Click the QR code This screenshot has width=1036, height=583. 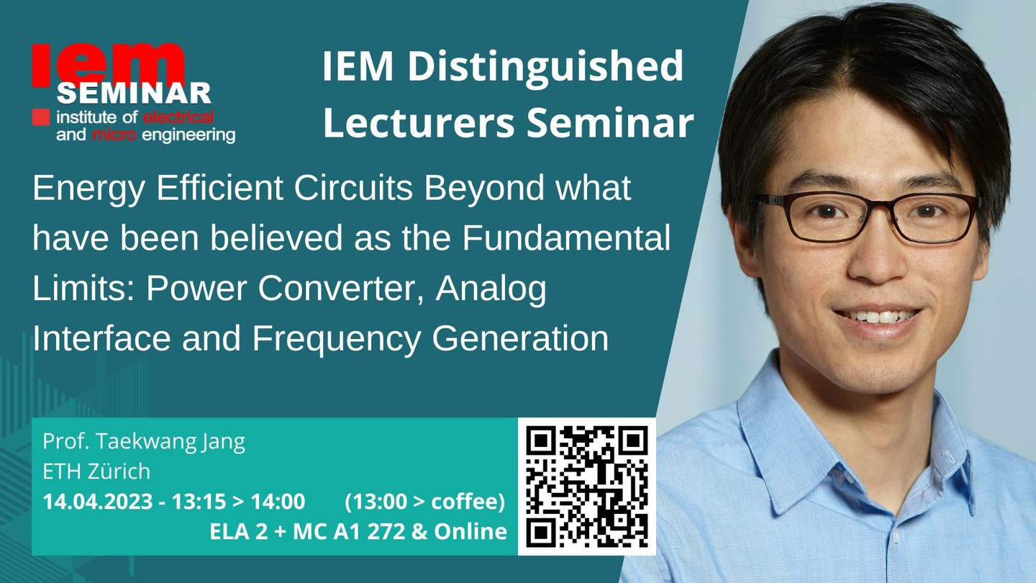click(586, 487)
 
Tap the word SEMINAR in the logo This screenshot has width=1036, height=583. click(134, 94)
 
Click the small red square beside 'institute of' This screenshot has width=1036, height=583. click(41, 117)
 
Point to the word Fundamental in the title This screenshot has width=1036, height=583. click(566, 238)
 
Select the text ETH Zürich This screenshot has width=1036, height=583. click(96, 471)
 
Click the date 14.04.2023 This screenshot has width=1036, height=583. click(98, 502)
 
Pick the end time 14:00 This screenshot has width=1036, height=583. click(278, 502)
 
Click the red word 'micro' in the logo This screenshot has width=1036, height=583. click(114, 135)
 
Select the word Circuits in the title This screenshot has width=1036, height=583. click(353, 188)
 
